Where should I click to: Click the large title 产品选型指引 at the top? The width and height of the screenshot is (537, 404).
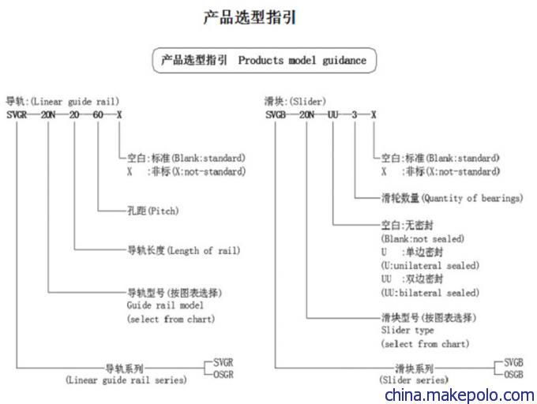tap(250, 17)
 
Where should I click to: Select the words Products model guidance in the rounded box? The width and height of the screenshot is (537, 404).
tap(302, 61)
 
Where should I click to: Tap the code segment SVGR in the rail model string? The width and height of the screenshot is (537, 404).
tap(17, 114)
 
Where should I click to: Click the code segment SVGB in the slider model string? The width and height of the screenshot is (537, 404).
tap(276, 114)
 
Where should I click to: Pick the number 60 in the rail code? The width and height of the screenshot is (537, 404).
tap(98, 114)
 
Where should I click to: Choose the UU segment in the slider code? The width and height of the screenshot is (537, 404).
tap(333, 114)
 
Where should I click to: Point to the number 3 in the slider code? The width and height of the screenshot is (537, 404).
tap(355, 114)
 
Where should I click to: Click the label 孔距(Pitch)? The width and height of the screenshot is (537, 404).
tap(152, 211)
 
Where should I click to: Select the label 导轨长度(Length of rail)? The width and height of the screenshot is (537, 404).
tap(183, 251)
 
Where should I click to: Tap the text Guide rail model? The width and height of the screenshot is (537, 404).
tap(165, 305)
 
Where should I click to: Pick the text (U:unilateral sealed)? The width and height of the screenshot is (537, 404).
tap(430, 265)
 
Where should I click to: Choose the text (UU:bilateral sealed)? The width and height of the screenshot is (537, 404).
tap(430, 293)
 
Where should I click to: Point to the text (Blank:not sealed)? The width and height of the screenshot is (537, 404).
tap(422, 238)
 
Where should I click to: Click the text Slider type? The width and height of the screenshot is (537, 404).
tap(407, 331)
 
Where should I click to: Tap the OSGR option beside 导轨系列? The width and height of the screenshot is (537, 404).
tap(223, 375)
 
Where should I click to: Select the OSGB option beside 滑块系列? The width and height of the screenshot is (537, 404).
tap(513, 375)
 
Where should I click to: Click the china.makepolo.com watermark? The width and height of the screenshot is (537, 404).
tap(460, 395)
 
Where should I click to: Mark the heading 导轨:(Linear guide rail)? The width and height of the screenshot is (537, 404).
tap(62, 102)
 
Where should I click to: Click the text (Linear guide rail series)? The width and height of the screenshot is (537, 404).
tap(126, 380)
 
